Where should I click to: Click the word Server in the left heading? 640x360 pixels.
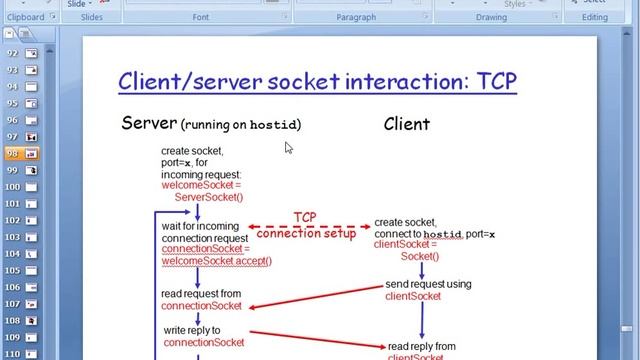tap(149, 123)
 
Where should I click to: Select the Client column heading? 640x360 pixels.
tap(406, 124)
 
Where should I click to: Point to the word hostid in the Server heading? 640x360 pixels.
tap(275, 125)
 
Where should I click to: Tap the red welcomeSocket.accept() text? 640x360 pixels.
tap(217, 261)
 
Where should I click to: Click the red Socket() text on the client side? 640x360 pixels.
tap(420, 256)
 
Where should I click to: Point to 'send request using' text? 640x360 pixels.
tap(428, 284)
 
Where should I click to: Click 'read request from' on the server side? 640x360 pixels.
tap(201, 294)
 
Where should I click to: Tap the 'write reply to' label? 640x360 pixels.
tap(192, 330)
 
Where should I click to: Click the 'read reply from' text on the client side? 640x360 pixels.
tap(421, 346)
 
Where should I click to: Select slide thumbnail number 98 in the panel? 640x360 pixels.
tap(24, 153)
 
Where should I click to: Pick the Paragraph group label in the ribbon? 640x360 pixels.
tap(356, 17)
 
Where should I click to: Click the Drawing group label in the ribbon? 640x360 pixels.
tap(491, 17)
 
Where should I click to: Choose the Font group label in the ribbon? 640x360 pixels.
tap(201, 17)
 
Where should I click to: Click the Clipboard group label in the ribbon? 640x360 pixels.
tap(25, 17)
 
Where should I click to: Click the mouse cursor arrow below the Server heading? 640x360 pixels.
tap(288, 147)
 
